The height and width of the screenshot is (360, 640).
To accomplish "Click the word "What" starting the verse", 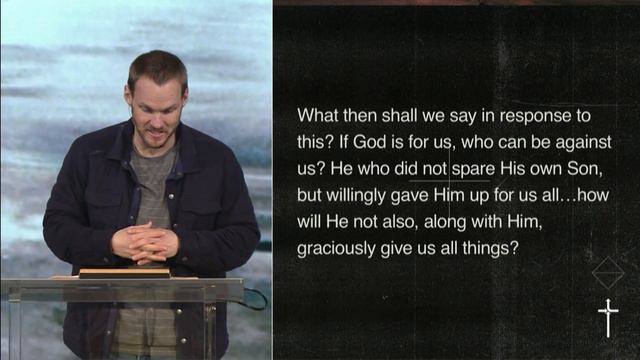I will (x=317, y=115).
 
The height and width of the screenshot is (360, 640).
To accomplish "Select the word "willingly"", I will (x=362, y=196).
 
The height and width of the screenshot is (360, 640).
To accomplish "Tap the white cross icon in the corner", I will (x=608, y=317).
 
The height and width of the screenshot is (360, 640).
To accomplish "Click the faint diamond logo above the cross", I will (x=608, y=272).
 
